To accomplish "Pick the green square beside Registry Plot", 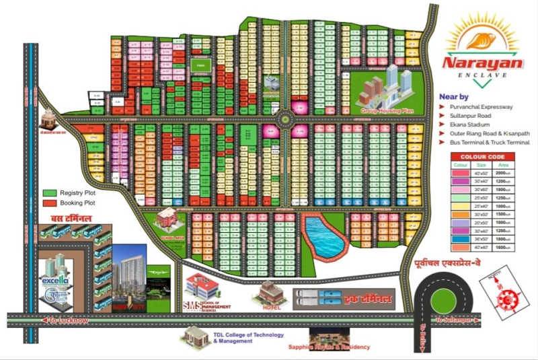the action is [48, 192].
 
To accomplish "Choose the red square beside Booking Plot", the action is [48, 202].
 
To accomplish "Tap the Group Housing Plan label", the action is [387, 109].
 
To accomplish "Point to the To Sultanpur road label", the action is [455, 320].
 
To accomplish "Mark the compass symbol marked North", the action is [510, 291].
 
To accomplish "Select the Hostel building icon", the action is [270, 293].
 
